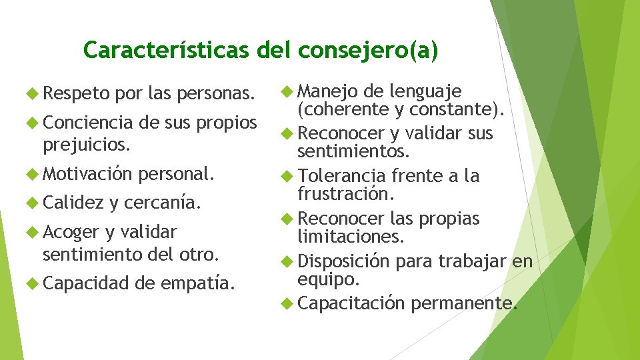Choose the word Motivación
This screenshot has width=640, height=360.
tap(87, 174)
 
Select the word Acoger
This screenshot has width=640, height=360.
tap(70, 232)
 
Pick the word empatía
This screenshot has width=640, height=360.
tap(198, 284)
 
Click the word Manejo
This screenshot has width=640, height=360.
tap(328, 90)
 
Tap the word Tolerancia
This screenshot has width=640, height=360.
tap(342, 176)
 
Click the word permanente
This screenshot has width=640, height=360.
tap(463, 304)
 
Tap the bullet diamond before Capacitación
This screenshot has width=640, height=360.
tap(287, 304)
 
